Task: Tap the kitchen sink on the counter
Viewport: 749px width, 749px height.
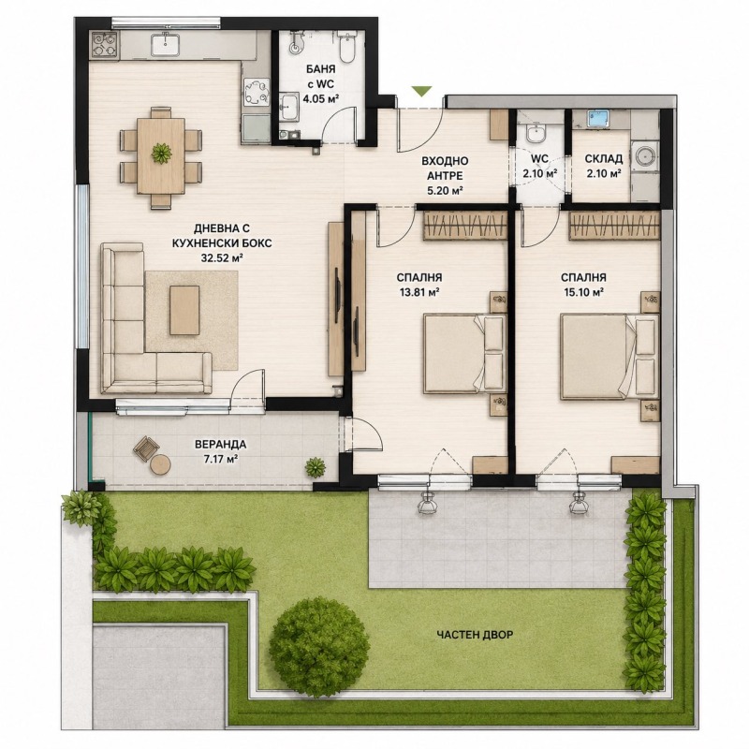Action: [166, 44]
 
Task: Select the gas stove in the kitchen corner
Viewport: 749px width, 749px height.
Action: [105, 45]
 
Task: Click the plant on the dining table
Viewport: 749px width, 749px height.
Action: [161, 154]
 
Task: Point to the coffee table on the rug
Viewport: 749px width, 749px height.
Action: [184, 310]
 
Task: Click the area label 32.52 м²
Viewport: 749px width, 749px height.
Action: [222, 258]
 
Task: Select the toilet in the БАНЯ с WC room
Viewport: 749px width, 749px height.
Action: [345, 48]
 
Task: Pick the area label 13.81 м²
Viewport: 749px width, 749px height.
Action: [419, 292]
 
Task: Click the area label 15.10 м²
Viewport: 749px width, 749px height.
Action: [583, 292]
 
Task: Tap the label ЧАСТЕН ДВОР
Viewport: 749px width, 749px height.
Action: [475, 635]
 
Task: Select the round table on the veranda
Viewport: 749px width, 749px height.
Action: [160, 464]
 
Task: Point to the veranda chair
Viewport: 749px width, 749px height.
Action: [146, 449]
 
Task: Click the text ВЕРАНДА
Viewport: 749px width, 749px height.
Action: [220, 445]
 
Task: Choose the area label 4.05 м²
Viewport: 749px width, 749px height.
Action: [321, 99]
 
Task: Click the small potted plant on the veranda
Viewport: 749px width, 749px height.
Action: [316, 466]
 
